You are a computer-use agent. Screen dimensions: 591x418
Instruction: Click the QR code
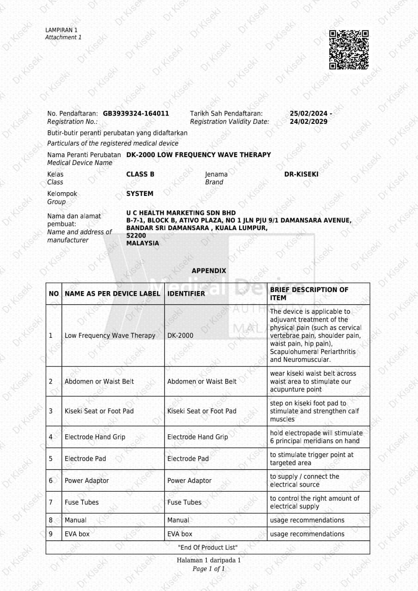pos(349,50)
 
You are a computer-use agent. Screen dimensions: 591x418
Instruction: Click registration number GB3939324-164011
pos(136,113)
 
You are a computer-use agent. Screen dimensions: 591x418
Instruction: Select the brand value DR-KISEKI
pos(301,174)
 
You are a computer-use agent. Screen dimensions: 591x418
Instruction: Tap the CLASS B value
pos(140,174)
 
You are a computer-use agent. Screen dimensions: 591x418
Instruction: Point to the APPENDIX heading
pos(209,271)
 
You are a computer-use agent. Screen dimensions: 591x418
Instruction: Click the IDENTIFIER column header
pos(186,293)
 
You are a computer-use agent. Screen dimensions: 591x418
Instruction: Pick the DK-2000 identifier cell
pos(180,335)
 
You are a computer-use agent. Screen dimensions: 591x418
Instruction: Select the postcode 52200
pos(136,236)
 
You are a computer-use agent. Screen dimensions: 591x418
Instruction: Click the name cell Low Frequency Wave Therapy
pos(110,335)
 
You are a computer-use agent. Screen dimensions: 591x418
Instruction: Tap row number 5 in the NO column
pos(51,458)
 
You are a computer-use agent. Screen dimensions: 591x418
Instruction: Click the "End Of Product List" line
pos(208,548)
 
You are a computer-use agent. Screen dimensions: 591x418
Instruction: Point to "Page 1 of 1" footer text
pos(209,569)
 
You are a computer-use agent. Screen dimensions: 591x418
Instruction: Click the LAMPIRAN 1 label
pos(61,30)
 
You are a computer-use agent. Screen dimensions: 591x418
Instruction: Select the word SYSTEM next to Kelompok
pos(140,194)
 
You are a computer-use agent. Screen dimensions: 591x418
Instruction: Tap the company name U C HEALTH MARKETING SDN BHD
pos(181,213)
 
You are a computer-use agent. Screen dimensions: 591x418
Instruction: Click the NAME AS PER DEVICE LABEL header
pos(112,293)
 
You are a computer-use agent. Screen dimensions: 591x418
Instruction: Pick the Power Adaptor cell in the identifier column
pos(190,481)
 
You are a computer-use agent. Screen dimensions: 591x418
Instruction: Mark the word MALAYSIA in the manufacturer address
pos(142,243)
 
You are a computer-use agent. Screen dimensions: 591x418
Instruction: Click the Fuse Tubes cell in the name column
pos(81,502)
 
